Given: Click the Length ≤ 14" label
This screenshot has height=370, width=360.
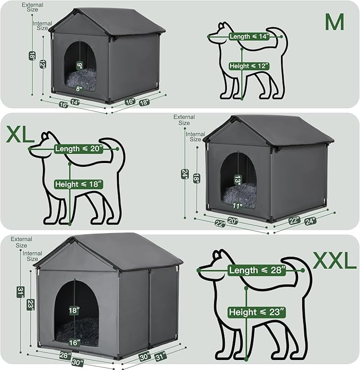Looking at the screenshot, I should [x=249, y=37].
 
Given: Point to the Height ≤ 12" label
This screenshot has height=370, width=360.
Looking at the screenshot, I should [x=249, y=66].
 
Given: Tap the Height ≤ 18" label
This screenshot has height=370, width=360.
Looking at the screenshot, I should [x=78, y=184].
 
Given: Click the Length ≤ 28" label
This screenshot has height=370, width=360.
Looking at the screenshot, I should [x=257, y=270].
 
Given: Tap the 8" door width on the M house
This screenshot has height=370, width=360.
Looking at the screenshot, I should [x=78, y=89].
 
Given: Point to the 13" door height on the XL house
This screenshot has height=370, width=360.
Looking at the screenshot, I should [x=238, y=180].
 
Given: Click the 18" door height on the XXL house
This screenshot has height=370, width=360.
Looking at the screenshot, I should [x=75, y=309].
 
